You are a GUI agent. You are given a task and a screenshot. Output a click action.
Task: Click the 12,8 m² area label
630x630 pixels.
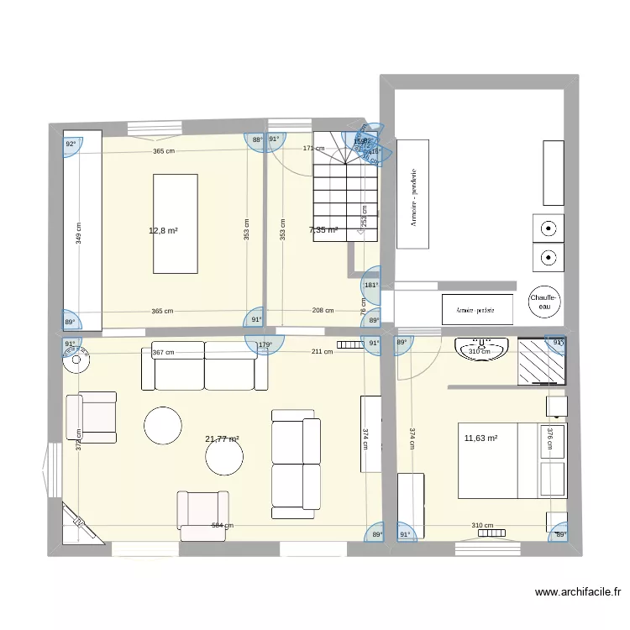(x=163, y=230)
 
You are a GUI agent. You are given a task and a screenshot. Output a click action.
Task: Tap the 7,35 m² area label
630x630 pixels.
(x=323, y=229)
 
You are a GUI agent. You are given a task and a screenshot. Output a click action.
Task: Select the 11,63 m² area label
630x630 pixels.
(x=480, y=438)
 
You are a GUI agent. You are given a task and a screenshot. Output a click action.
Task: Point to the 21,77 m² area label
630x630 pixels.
(x=222, y=438)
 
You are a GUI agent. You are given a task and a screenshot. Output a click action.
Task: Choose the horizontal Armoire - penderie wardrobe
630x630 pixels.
(x=477, y=309)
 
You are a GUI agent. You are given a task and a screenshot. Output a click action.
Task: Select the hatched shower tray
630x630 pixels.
(x=542, y=362)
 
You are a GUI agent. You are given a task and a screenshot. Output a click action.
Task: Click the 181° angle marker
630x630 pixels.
(x=371, y=285)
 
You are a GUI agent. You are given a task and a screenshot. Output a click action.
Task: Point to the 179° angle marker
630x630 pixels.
(x=265, y=345)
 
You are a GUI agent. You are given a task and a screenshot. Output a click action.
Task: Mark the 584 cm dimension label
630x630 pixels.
(x=223, y=527)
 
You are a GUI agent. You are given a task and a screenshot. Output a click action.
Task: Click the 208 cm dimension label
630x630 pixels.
(x=323, y=311)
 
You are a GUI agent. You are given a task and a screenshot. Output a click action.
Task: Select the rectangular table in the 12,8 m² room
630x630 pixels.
(x=175, y=223)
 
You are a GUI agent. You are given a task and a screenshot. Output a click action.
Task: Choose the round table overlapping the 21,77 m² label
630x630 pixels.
(x=225, y=456)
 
